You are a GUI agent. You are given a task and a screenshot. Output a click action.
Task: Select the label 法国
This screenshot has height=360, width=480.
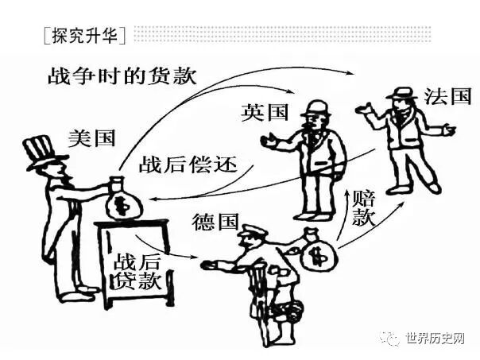point(449,97)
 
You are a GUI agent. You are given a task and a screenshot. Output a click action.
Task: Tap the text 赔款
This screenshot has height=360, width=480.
point(363,207)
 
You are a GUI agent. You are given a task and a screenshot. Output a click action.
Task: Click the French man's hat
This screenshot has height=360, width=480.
point(402,92)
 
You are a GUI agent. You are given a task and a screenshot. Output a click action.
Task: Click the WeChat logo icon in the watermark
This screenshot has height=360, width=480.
point(390,339)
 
